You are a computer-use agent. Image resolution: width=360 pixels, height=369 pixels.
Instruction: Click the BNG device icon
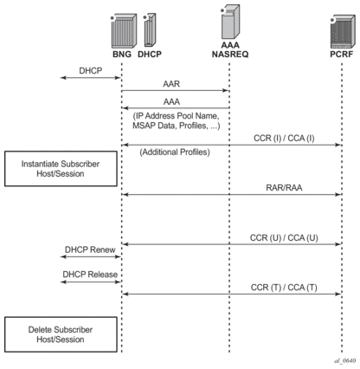click(x=124, y=30)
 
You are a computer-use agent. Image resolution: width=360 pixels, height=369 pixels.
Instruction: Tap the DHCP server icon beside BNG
click(x=150, y=29)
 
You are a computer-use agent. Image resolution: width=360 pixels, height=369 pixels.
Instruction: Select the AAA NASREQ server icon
click(x=230, y=22)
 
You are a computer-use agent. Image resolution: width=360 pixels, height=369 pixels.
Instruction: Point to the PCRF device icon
click(x=343, y=32)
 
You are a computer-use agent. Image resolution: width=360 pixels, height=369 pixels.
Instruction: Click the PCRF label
click(x=342, y=55)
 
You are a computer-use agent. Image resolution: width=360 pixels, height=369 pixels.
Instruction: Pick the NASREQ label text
click(x=230, y=55)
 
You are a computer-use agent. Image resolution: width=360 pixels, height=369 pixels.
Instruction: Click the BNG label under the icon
click(x=122, y=55)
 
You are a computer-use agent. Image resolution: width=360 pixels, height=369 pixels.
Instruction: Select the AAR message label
click(x=171, y=84)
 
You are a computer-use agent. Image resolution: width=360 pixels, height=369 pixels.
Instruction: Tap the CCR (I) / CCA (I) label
click(x=284, y=138)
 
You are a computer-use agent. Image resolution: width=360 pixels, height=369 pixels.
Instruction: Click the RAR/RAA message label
click(x=284, y=188)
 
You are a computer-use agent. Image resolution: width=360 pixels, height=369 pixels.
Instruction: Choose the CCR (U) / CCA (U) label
click(x=284, y=237)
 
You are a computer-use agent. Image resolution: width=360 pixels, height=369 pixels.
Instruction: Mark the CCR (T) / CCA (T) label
click(x=284, y=288)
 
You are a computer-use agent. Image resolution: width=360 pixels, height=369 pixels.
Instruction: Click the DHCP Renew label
click(x=90, y=249)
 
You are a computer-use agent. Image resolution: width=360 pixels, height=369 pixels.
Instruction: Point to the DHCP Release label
click(x=90, y=275)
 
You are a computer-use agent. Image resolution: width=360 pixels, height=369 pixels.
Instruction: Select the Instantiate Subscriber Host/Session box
click(x=61, y=169)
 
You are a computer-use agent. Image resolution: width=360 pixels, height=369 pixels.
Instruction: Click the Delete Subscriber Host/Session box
click(x=61, y=334)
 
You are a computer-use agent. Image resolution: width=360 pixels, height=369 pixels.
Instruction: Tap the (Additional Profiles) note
click(x=175, y=152)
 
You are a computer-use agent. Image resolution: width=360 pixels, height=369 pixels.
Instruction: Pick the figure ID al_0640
click(x=344, y=360)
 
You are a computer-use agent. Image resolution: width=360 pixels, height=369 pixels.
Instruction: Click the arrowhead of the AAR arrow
click(x=226, y=91)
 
